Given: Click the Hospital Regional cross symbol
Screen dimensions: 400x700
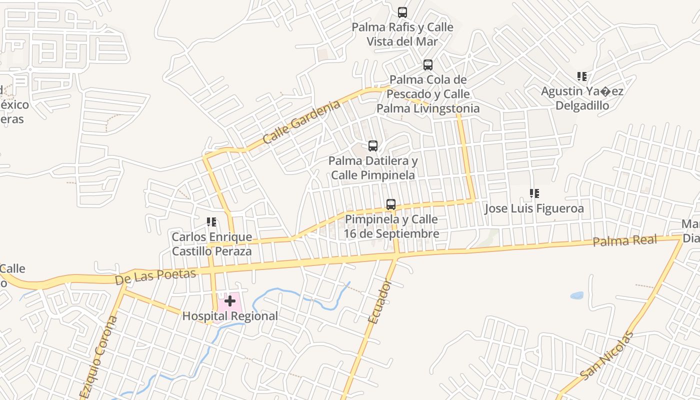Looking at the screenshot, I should pyautogui.click(x=230, y=301).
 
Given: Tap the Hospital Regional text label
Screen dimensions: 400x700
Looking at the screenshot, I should pyautogui.click(x=230, y=316).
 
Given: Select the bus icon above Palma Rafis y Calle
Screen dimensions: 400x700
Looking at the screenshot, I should pyautogui.click(x=402, y=12).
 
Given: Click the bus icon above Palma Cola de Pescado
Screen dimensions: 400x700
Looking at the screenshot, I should pyautogui.click(x=428, y=65).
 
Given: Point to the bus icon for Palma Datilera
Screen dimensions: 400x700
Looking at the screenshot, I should pyautogui.click(x=373, y=146).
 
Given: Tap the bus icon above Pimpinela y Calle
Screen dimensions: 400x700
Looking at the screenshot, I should pyautogui.click(x=391, y=204).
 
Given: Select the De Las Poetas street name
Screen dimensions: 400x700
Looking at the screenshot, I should pyautogui.click(x=155, y=276).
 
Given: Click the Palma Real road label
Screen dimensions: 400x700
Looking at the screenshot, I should pyautogui.click(x=624, y=240).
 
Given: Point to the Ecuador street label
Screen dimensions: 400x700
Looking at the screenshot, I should pyautogui.click(x=379, y=301).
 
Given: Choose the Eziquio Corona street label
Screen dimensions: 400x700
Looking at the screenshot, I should pyautogui.click(x=98, y=356).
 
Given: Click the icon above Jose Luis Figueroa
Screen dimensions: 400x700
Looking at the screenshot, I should pyautogui.click(x=534, y=193).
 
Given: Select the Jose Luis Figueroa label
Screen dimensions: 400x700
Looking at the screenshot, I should pyautogui.click(x=534, y=208).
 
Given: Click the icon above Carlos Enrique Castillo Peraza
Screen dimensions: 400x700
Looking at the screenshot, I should pyautogui.click(x=211, y=222).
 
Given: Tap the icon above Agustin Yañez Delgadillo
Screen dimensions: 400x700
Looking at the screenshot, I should pyautogui.click(x=582, y=76).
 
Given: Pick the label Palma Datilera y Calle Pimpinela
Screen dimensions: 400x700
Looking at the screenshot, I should pyautogui.click(x=373, y=168).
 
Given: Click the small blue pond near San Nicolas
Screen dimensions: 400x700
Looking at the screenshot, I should pyautogui.click(x=577, y=295).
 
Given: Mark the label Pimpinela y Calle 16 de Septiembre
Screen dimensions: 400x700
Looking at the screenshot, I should pyautogui.click(x=391, y=226).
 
